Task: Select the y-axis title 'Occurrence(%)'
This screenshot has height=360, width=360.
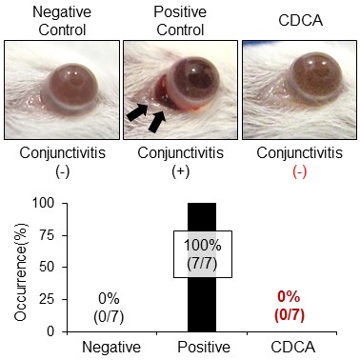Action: (13, 267)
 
